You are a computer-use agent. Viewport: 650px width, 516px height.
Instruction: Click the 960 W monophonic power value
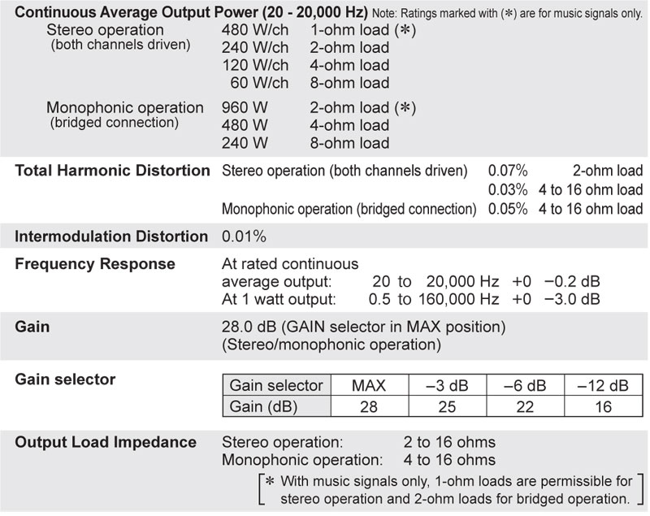(241, 107)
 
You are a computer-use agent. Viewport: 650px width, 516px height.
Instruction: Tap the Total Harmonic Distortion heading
(112, 171)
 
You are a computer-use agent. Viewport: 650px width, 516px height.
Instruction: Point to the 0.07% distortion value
(508, 171)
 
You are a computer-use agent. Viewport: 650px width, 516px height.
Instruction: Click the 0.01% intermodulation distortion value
(244, 236)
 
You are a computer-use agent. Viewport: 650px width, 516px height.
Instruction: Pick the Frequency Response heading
(95, 264)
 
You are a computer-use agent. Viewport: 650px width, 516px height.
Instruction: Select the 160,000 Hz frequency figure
(458, 299)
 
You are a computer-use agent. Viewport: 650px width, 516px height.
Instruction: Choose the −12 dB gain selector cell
(603, 385)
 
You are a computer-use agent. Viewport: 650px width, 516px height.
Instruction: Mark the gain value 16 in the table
(603, 405)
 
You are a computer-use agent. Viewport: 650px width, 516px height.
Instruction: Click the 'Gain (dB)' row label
(265, 405)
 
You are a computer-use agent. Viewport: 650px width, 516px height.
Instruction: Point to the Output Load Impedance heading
(106, 442)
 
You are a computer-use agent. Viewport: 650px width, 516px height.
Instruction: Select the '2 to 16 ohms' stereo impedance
(449, 443)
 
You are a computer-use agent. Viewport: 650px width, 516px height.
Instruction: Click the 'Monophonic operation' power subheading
(125, 107)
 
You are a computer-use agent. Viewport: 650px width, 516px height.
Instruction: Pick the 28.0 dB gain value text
(249, 327)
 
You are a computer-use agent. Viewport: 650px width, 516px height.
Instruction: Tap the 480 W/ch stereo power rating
(254, 29)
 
